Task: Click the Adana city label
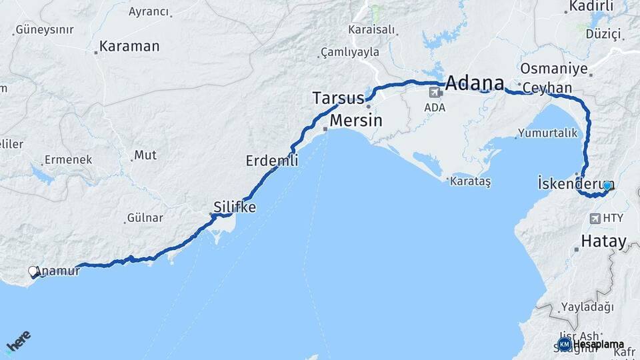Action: click(474, 83)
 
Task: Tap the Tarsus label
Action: click(338, 98)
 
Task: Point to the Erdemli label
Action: click(271, 161)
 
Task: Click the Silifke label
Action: click(234, 207)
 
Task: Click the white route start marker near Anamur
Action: click(33, 271)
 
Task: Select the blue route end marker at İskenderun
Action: click(607, 185)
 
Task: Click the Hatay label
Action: click(603, 241)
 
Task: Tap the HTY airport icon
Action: click(595, 218)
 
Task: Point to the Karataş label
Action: click(470, 182)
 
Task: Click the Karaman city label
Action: click(129, 47)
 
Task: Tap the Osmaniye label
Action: click(553, 69)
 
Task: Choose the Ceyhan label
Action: click(547, 88)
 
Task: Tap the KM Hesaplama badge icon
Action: click(564, 344)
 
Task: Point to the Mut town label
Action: click(145, 155)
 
